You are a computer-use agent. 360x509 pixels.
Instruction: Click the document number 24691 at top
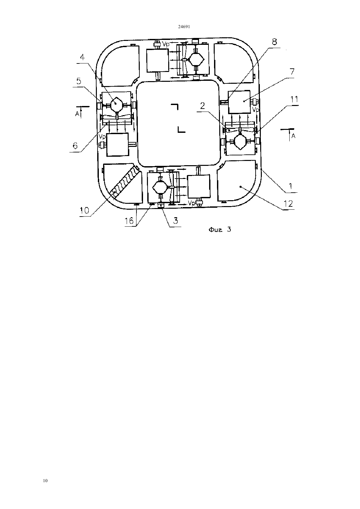click(184, 26)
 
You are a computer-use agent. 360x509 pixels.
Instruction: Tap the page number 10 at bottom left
click(45, 481)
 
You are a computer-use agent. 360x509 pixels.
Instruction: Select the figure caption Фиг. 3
click(220, 230)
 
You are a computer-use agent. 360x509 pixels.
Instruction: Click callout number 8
click(275, 42)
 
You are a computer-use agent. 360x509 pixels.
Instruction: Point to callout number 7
click(292, 72)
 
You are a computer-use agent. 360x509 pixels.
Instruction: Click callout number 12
click(288, 203)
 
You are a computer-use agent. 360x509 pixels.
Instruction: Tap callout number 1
click(291, 186)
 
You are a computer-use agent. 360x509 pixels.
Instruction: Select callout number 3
click(175, 220)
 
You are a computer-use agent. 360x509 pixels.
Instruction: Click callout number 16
click(129, 220)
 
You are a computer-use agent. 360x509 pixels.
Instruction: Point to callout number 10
click(84, 211)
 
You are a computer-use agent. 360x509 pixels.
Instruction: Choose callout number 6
click(75, 146)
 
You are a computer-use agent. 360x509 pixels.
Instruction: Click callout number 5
click(79, 81)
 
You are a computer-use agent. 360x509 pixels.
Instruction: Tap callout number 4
click(82, 57)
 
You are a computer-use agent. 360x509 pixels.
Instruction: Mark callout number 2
click(202, 106)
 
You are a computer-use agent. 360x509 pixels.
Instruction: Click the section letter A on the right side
click(294, 136)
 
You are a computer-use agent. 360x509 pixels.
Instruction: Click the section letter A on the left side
click(77, 114)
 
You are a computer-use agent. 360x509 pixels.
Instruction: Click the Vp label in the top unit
click(166, 44)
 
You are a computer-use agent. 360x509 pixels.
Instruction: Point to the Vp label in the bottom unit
click(191, 203)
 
